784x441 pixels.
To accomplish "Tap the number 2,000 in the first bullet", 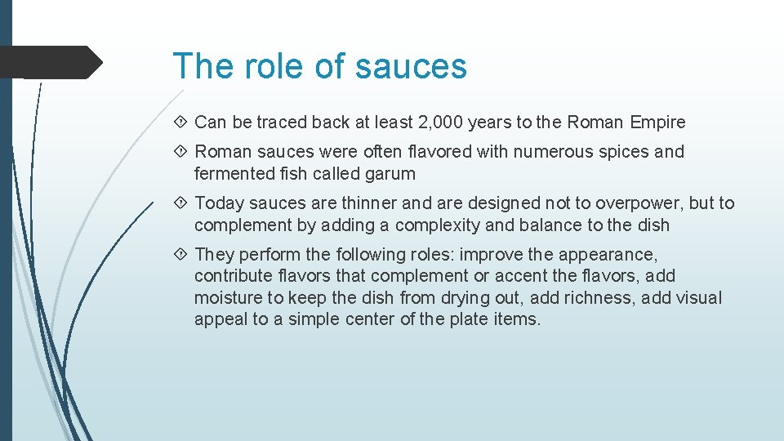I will [442, 122].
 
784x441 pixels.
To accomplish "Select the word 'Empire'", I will [658, 122].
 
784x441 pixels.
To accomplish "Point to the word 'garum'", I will [390, 173].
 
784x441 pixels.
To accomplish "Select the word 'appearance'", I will [608, 255].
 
